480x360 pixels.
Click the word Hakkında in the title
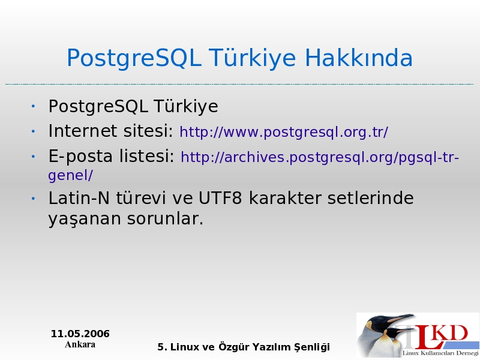click(x=359, y=58)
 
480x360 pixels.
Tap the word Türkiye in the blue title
click(x=253, y=58)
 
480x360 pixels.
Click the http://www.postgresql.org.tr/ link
click(x=284, y=132)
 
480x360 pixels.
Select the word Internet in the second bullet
click(x=82, y=131)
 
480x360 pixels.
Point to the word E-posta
click(x=80, y=157)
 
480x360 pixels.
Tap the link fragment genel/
click(x=70, y=176)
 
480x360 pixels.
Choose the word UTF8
click(x=220, y=198)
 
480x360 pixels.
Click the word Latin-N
click(x=79, y=198)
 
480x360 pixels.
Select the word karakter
click(x=284, y=198)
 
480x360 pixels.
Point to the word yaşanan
click(x=85, y=219)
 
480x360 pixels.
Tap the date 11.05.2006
click(x=80, y=334)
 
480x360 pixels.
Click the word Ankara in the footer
click(x=80, y=344)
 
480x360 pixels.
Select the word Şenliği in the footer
click(x=312, y=347)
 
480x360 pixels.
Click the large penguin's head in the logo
click(x=380, y=322)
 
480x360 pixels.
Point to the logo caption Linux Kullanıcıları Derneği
click(x=440, y=353)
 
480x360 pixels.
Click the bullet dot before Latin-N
click(x=33, y=199)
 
